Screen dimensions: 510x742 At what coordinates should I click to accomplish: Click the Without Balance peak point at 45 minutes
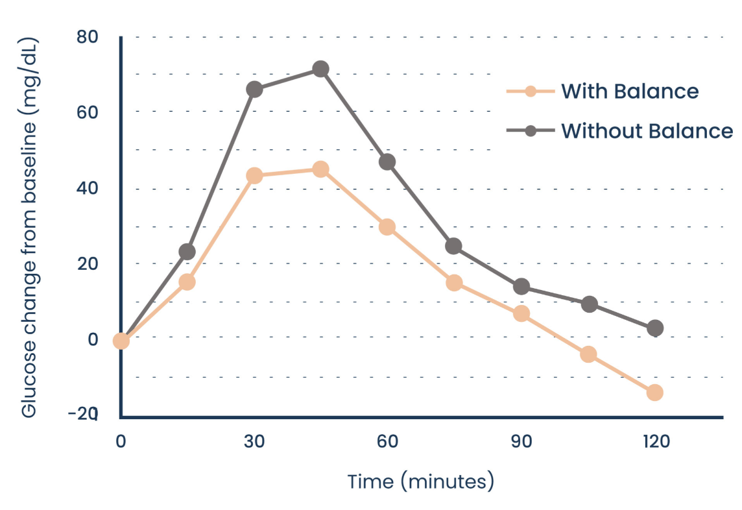pyautogui.click(x=320, y=69)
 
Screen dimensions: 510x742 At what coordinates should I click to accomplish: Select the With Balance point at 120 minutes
pyautogui.click(x=654, y=392)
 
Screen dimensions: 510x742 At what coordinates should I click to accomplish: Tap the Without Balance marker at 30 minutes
pyautogui.click(x=254, y=90)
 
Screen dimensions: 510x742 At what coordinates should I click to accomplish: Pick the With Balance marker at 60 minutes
pyautogui.click(x=387, y=227)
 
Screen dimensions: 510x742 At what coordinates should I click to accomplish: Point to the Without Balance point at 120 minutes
pyautogui.click(x=655, y=328)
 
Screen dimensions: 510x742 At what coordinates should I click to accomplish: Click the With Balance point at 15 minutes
pyautogui.click(x=187, y=282)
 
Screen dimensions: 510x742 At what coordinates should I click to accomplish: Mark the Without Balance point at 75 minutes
pyautogui.click(x=454, y=246)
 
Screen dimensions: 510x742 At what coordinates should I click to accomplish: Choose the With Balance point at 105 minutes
pyautogui.click(x=588, y=354)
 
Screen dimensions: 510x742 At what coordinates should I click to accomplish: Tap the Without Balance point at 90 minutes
pyautogui.click(x=521, y=287)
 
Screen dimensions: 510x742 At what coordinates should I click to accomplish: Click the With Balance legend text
pyautogui.click(x=629, y=91)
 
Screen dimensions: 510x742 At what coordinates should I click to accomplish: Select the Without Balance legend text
pyautogui.click(x=647, y=131)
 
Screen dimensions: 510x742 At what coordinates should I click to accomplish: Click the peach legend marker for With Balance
pyautogui.click(x=531, y=91)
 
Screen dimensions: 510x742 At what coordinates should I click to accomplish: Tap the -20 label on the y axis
pyautogui.click(x=83, y=414)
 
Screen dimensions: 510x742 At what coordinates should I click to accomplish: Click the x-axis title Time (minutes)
pyautogui.click(x=421, y=482)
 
